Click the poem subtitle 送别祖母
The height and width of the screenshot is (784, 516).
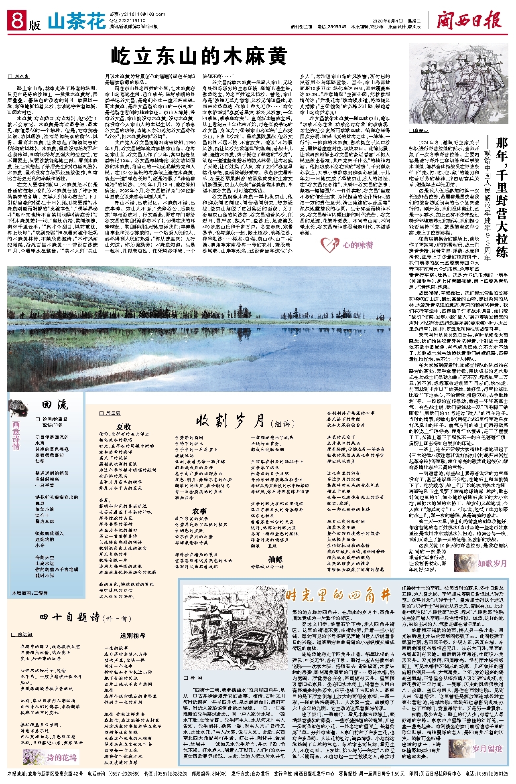(133, 636)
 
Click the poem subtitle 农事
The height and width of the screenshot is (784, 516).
(199, 511)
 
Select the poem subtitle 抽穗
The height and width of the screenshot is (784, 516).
(275, 559)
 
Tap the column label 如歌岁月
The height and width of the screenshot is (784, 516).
(492, 563)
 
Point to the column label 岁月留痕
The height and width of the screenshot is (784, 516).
(487, 749)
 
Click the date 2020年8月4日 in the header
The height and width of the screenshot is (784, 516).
(386, 21)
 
